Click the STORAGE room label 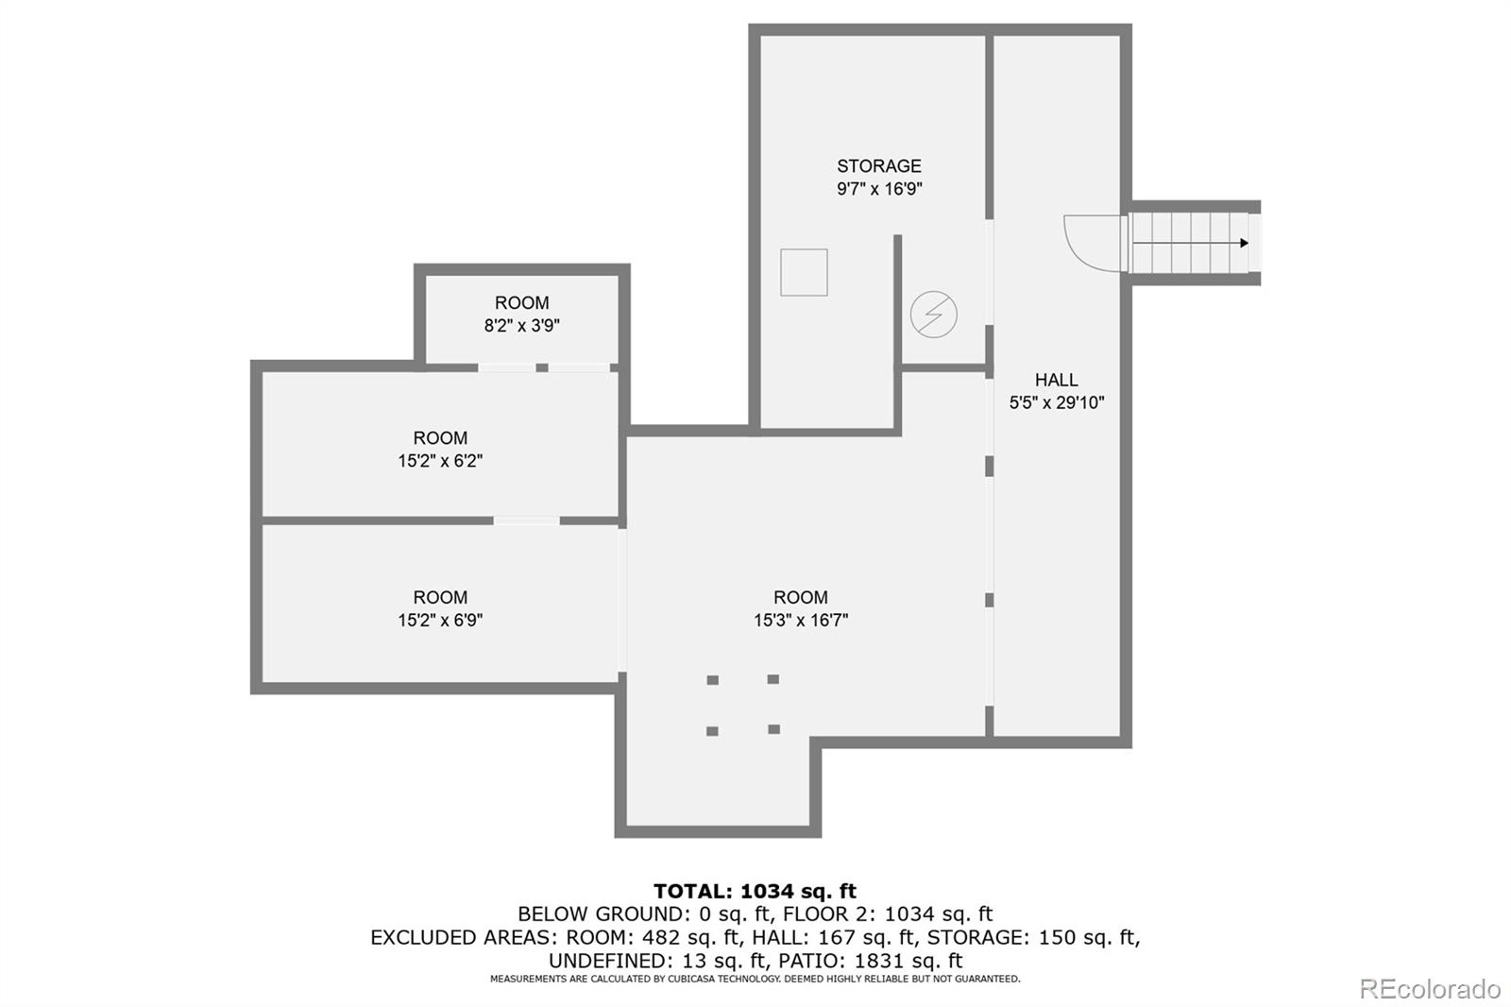878,166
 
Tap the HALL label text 1056,380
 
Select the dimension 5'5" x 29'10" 1056,402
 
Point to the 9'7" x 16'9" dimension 878,189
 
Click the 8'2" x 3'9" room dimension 521,326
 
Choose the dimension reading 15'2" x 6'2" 440,461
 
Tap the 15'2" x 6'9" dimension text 440,621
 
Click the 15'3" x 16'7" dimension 800,621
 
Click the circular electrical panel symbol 933,315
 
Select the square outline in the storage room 804,272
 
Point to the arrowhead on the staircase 1244,243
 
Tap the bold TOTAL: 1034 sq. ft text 755,891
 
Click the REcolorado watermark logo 1430,989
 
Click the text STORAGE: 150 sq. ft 1032,937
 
